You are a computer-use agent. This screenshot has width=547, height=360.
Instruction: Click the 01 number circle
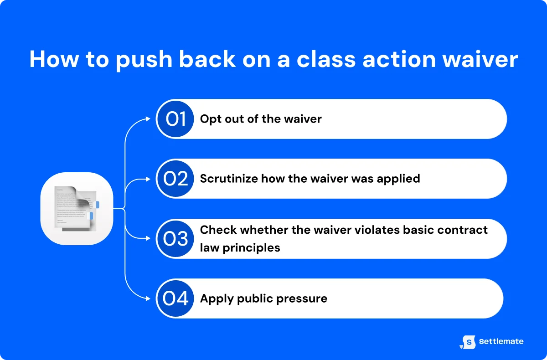[x=175, y=119]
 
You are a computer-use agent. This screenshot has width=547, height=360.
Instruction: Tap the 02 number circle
[x=175, y=179]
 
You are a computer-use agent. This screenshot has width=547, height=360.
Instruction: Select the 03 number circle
[x=175, y=239]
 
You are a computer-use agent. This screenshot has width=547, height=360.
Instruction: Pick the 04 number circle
[x=175, y=298]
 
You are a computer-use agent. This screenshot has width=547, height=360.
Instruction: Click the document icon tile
[x=77, y=209]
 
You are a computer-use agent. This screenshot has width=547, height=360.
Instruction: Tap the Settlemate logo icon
[x=468, y=342]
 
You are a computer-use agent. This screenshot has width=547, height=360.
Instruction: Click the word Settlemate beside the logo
[x=501, y=341]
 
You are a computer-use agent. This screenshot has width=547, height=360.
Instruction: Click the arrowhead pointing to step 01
[x=148, y=119]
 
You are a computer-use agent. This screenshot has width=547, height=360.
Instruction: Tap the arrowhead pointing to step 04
[x=148, y=298]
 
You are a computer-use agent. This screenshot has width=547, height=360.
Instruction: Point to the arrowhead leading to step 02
[x=148, y=179]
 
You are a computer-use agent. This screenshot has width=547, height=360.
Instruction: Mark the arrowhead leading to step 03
[x=148, y=239]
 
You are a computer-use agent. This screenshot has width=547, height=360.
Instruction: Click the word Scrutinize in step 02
[x=229, y=179]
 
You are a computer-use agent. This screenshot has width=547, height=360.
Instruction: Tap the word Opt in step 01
[x=210, y=119]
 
